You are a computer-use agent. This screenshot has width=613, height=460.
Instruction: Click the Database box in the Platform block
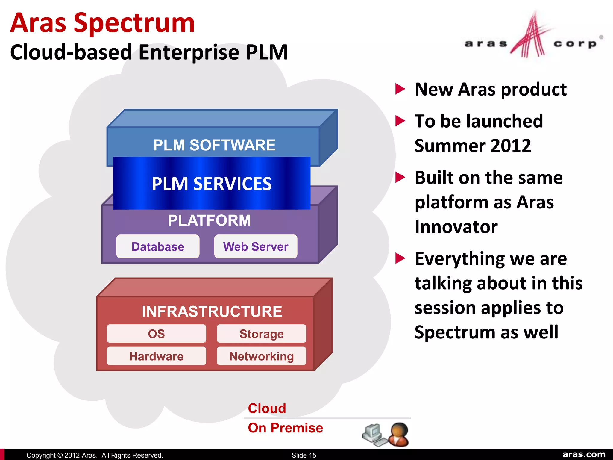(158, 246)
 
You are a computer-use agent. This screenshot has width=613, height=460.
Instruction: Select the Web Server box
(256, 246)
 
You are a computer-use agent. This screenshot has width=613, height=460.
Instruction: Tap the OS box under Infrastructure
(156, 334)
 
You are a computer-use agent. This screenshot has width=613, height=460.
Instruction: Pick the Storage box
(261, 334)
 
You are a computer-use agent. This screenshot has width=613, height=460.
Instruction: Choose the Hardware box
(156, 356)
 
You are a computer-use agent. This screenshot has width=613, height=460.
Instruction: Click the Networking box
(261, 356)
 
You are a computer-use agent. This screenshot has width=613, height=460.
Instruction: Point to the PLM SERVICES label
(212, 184)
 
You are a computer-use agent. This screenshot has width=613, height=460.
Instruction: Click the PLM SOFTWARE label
(214, 145)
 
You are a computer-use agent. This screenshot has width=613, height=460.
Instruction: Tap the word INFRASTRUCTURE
(212, 311)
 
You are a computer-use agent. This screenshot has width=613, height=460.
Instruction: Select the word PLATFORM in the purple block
(209, 220)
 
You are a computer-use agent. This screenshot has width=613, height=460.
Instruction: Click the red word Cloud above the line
(267, 408)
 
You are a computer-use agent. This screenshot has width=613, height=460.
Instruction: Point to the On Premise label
(285, 428)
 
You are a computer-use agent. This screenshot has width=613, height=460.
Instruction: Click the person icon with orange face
(399, 434)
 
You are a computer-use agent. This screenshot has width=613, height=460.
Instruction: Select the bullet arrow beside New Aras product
(400, 89)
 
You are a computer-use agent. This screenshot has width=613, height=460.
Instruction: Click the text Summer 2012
(473, 146)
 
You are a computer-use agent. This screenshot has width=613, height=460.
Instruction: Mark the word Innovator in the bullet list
(456, 227)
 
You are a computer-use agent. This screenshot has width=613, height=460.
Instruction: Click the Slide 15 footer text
(304, 455)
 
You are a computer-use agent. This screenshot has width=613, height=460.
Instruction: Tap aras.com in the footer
(584, 454)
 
